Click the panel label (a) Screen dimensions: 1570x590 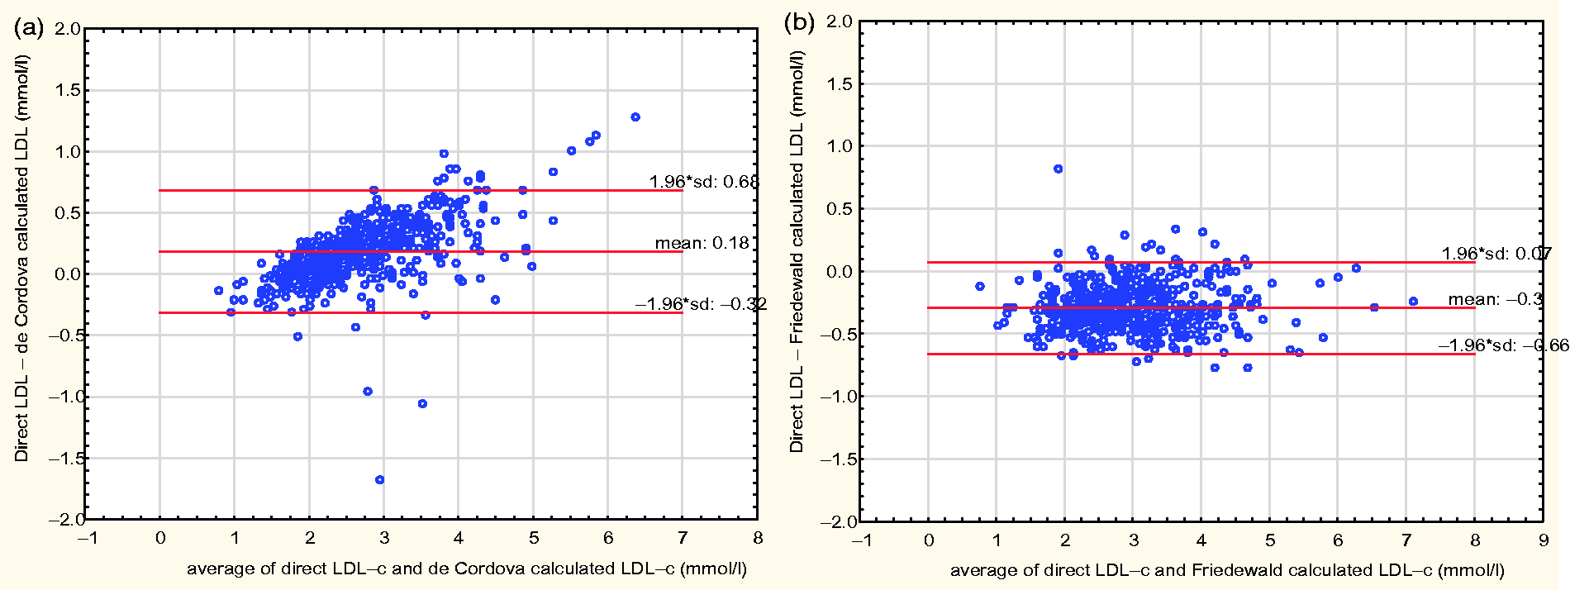(28, 28)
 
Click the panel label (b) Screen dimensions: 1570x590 (799, 22)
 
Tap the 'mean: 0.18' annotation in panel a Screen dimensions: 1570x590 (702, 243)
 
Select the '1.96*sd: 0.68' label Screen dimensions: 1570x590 (703, 182)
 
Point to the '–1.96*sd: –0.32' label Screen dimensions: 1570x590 (701, 304)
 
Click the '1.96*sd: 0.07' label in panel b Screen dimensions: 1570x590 (1496, 254)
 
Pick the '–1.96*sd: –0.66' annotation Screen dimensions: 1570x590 (1503, 345)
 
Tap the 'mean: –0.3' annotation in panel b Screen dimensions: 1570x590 (1495, 299)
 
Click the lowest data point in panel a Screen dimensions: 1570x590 (379, 479)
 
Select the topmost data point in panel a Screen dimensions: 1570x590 (635, 117)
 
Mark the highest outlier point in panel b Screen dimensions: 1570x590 (1058, 169)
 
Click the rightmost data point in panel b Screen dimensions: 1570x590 (1413, 302)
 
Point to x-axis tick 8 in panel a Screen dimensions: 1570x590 (758, 538)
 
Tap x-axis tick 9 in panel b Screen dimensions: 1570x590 (1543, 540)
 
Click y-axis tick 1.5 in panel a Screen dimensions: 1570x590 (68, 90)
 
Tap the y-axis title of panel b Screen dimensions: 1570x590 (797, 251)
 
